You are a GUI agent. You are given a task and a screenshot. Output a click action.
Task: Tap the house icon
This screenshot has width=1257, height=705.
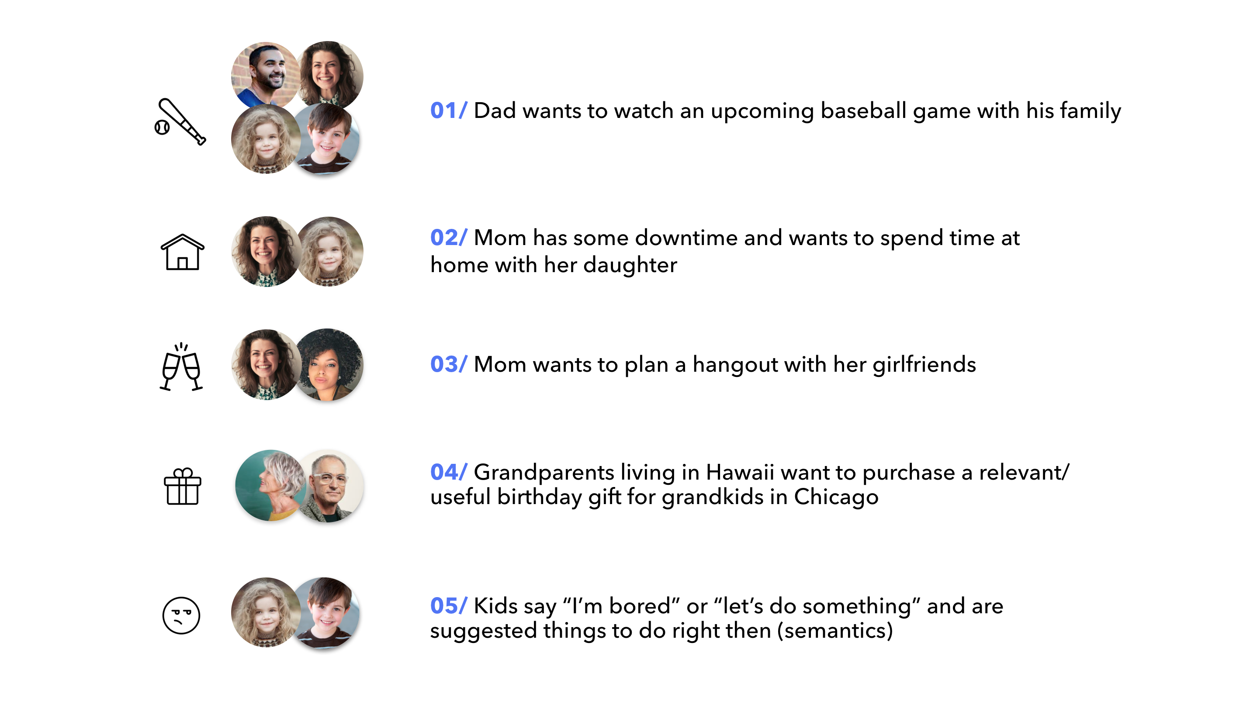[x=182, y=252]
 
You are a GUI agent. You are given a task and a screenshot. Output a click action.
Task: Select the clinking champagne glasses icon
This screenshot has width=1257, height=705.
[x=181, y=366]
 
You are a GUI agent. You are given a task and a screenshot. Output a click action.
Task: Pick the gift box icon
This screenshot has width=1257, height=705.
[x=182, y=487]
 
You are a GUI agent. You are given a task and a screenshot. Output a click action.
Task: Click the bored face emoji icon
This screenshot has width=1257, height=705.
[x=181, y=615]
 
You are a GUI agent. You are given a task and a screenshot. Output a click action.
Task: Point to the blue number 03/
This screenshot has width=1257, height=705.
[x=448, y=364]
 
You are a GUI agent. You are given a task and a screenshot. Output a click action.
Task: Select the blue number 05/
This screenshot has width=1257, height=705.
[x=448, y=605]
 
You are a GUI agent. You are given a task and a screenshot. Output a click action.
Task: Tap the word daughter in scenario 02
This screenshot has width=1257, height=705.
[x=630, y=265]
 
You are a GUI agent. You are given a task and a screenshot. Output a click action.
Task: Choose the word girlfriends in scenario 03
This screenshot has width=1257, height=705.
[x=924, y=364]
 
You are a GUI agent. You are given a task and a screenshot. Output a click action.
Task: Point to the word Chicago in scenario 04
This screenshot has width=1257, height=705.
[x=836, y=497]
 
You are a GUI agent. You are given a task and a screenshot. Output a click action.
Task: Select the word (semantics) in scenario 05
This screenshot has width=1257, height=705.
[x=835, y=630]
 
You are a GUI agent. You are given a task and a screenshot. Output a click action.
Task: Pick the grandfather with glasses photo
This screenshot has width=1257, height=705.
[x=331, y=486]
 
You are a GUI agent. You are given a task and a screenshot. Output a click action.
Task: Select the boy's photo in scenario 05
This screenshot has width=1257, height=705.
[x=326, y=613]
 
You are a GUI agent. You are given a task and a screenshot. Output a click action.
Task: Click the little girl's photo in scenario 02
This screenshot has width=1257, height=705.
[x=330, y=251]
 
